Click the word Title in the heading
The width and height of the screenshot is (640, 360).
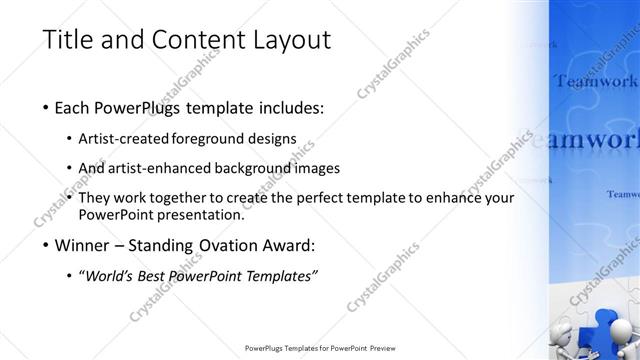(x=68, y=40)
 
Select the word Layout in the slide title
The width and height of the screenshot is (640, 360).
(x=290, y=40)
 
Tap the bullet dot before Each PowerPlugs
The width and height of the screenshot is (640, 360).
(x=48, y=107)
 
